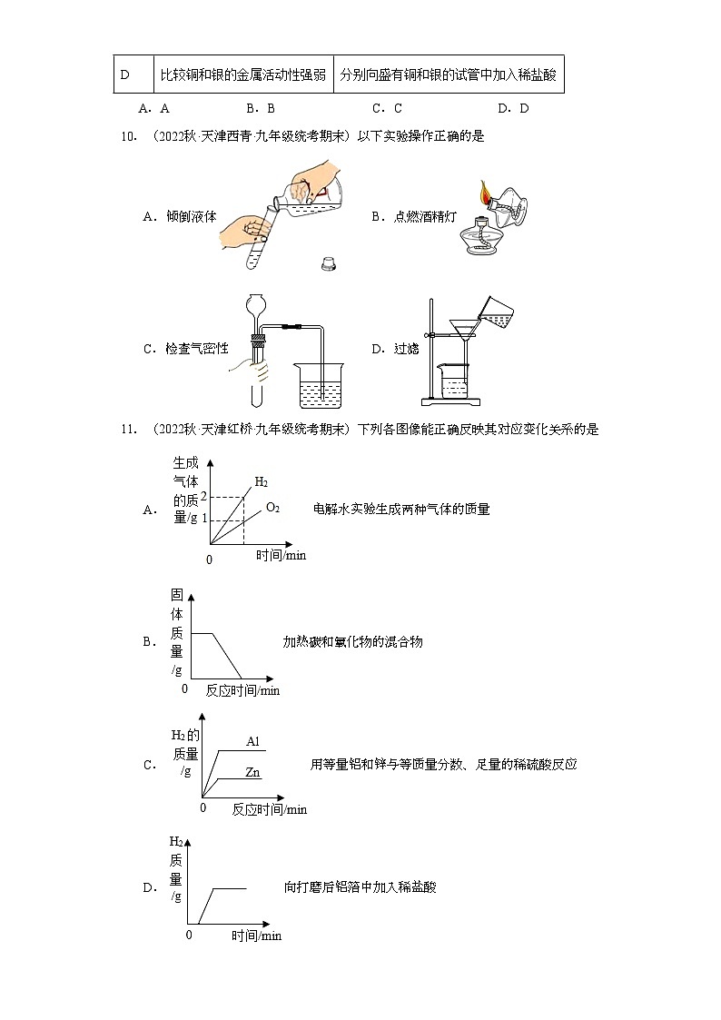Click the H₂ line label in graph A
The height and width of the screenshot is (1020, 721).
click(x=261, y=481)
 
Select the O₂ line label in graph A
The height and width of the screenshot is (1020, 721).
click(x=272, y=508)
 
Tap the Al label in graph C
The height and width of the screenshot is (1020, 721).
click(x=253, y=742)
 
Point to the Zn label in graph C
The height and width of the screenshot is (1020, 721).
click(x=253, y=773)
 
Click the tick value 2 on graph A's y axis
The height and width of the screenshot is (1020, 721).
click(x=204, y=497)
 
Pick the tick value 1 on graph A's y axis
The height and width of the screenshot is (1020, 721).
click(x=204, y=519)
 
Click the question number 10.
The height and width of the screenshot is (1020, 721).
click(x=128, y=137)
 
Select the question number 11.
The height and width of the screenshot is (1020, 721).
click(x=128, y=430)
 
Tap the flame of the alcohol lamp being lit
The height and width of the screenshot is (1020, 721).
click(x=486, y=193)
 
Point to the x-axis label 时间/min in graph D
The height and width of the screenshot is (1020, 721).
click(x=256, y=936)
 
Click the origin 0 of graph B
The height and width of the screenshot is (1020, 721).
click(x=184, y=689)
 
